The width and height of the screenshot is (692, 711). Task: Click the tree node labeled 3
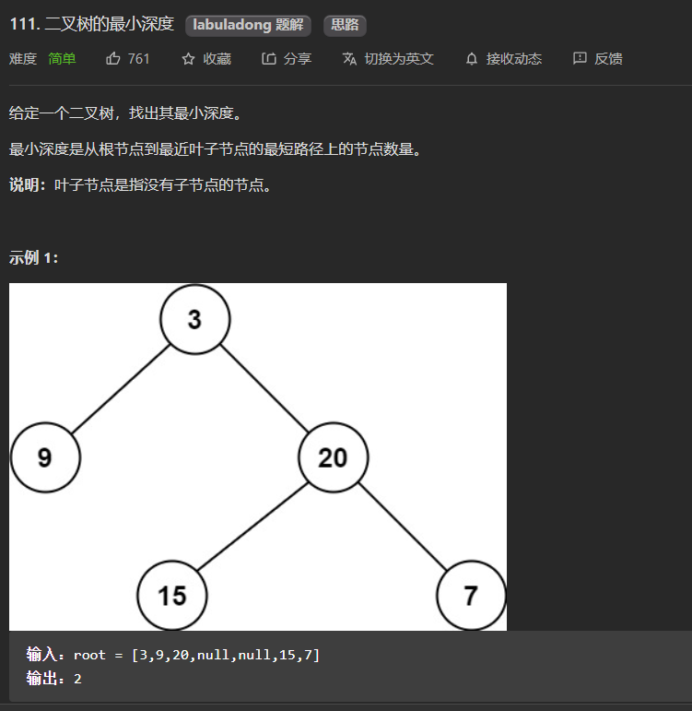point(194,319)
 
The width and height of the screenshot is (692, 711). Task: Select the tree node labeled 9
point(45,457)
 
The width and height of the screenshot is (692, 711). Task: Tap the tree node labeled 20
point(333,457)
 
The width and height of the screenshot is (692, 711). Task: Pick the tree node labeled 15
point(172,595)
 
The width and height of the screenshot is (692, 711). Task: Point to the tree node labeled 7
point(471,595)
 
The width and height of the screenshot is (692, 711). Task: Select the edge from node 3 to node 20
point(264,388)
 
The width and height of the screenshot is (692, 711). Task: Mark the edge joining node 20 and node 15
point(252,527)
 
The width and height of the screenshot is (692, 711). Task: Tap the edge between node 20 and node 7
point(402,527)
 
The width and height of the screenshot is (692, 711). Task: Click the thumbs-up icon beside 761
point(113,58)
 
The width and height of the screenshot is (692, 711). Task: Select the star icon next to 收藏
point(188,58)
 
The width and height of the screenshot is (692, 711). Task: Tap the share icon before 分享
point(269,58)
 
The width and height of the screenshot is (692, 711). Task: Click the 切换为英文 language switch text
point(398,58)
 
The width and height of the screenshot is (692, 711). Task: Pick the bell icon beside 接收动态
point(472,58)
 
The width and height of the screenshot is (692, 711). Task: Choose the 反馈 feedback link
point(608,58)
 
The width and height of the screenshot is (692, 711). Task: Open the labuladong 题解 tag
point(248,25)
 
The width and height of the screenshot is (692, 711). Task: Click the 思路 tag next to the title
point(345,25)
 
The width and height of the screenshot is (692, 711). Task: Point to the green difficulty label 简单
point(63,58)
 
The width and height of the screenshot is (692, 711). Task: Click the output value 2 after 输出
point(77,678)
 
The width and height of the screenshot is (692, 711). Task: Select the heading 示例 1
point(34,257)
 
